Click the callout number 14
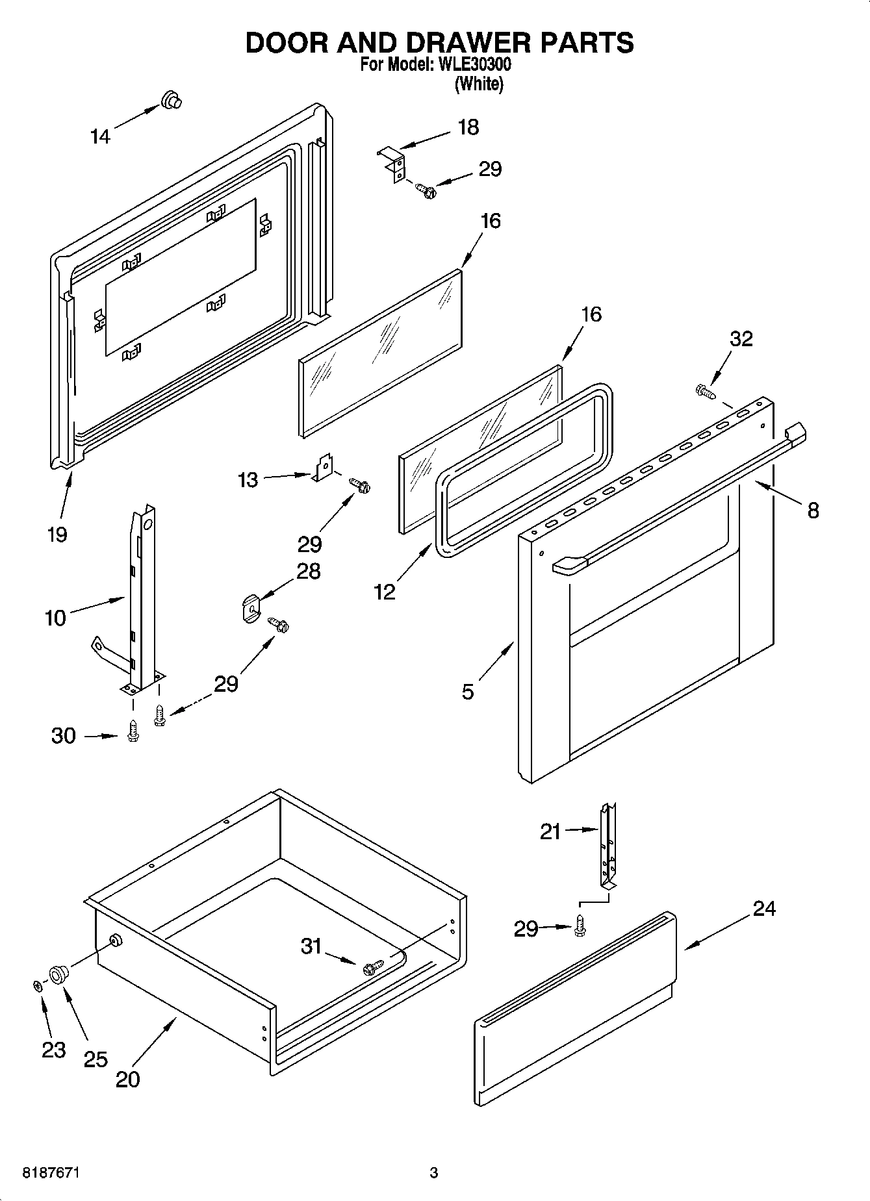point(100,136)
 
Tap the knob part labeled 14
point(172,100)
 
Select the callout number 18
point(468,127)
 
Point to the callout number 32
point(741,338)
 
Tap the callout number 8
point(813,511)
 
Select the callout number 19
point(57,535)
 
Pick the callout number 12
point(385,592)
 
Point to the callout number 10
point(56,617)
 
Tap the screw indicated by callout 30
point(133,731)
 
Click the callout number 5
point(468,692)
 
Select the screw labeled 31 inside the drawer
point(372,967)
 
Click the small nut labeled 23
point(37,986)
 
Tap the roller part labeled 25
point(58,974)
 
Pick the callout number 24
point(764,908)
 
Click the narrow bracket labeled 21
point(608,845)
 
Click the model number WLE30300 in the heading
point(470,65)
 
